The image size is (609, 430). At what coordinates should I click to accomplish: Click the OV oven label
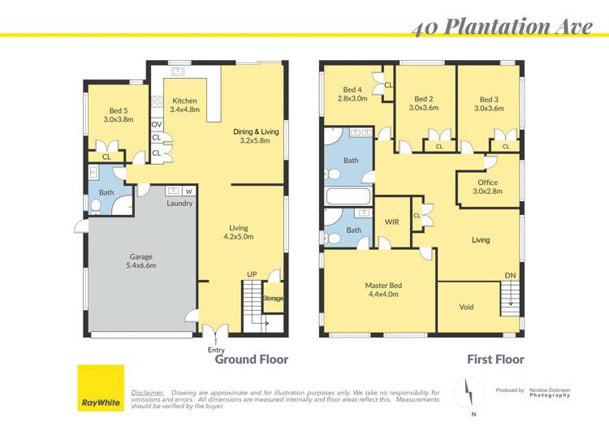[x=156, y=124]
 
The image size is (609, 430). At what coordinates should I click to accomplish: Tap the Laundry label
[x=179, y=203]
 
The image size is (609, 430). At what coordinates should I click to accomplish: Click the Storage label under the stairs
[x=274, y=299]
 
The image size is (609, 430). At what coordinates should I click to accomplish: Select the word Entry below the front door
[x=216, y=350]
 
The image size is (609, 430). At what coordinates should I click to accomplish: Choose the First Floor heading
[x=495, y=359]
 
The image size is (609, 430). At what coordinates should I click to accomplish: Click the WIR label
[x=391, y=221]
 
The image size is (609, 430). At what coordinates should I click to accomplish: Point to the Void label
[x=466, y=307]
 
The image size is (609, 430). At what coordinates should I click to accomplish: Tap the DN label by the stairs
[x=510, y=276]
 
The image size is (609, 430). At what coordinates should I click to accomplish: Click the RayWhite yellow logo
[x=100, y=388]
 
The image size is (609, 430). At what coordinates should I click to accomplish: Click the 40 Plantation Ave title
[x=501, y=27]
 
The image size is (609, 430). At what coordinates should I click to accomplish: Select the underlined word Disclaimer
[x=147, y=392]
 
